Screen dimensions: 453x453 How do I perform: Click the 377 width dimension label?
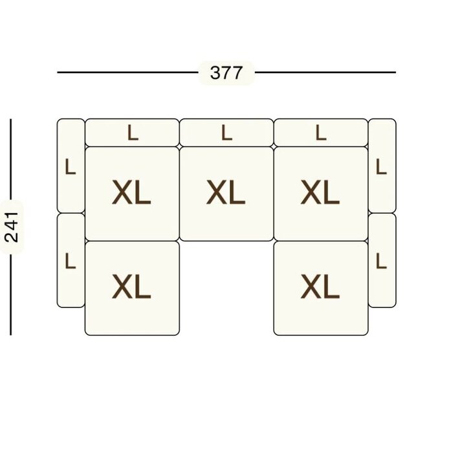(226, 72)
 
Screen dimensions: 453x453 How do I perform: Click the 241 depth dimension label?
(12, 227)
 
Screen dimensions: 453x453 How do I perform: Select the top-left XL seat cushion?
(132, 194)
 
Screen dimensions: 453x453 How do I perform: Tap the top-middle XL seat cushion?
(226, 194)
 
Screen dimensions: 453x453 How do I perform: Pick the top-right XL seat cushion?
(321, 194)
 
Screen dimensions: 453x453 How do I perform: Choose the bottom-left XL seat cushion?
(132, 289)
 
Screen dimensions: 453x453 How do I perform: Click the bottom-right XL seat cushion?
(321, 289)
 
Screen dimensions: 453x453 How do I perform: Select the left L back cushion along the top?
(132, 133)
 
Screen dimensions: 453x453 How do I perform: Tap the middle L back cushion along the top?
(226, 133)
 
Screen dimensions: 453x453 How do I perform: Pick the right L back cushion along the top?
(321, 133)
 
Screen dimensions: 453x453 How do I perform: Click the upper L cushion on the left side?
(71, 166)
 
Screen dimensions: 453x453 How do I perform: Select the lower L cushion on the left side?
(71, 260)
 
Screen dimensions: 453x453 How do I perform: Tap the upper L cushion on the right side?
(382, 166)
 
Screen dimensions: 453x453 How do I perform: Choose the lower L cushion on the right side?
(382, 260)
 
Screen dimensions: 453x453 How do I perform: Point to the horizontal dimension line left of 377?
(127, 72)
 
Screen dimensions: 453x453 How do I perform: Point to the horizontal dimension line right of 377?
(326, 72)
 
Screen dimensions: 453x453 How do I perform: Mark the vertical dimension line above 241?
(11, 159)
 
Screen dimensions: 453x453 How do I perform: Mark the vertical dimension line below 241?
(11, 294)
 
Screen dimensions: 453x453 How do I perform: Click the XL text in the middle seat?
(226, 192)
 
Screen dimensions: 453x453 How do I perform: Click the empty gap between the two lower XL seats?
(226, 289)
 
